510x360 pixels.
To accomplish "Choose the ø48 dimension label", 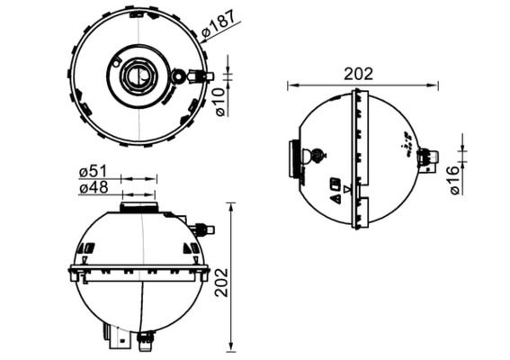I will [x=94, y=187].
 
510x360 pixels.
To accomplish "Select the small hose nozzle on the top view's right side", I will [x=204, y=76].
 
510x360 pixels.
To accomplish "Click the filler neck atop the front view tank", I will [x=139, y=208].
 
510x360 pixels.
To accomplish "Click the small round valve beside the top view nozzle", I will [x=180, y=77].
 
